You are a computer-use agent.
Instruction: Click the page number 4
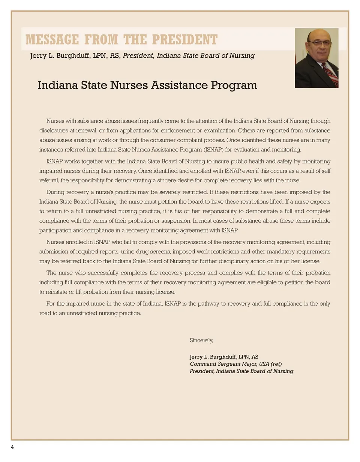coord(12,447)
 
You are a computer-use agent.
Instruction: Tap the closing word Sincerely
coord(201,340)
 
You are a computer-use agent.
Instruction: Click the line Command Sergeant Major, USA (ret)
coord(235,364)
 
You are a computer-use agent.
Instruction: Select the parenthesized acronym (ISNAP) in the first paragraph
coord(214,150)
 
